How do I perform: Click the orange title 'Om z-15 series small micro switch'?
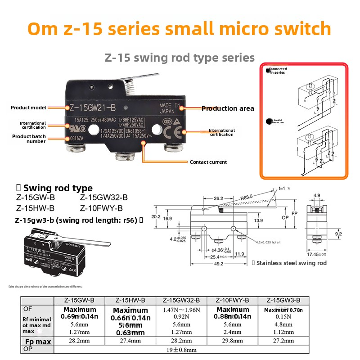[x=180, y=29]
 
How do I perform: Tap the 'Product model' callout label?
[x=30, y=108]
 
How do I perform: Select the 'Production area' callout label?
[x=228, y=108]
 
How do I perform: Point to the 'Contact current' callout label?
[x=208, y=162]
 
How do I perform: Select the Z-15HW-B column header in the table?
[x=130, y=300]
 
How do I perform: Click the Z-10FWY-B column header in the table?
[x=232, y=300]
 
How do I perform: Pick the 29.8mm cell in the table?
[x=232, y=341]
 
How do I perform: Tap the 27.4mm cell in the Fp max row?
[x=130, y=341]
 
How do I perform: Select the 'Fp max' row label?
[x=37, y=342]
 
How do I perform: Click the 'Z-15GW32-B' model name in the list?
[x=103, y=198]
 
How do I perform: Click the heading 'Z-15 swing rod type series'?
[x=180, y=58]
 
